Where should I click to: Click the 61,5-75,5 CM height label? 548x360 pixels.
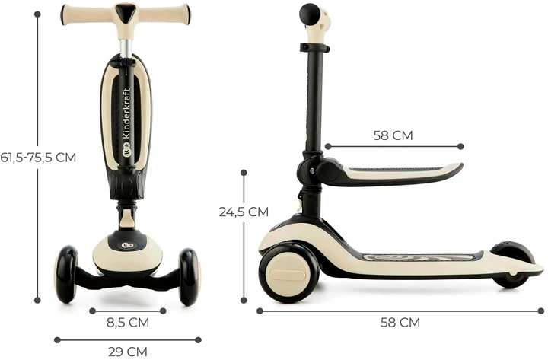tap(38, 158)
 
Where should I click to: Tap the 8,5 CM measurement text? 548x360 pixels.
tap(128, 322)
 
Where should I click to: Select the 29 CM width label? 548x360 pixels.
tap(128, 352)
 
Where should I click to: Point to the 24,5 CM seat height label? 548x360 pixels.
tap(244, 212)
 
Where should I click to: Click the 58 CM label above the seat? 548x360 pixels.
tap(393, 135)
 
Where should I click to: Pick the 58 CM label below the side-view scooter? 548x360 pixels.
tap(400, 322)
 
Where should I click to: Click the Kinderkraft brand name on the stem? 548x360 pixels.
tap(126, 113)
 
